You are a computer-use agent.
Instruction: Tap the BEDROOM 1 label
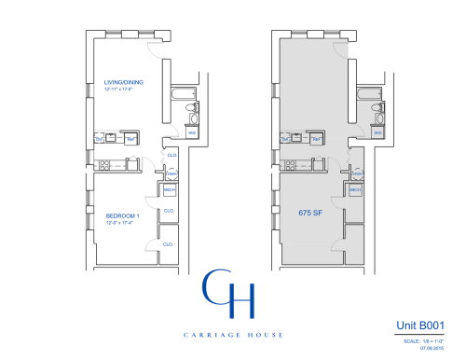tap(121, 216)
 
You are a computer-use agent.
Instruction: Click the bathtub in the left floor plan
tap(181, 94)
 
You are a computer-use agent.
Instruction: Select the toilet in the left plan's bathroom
tap(191, 112)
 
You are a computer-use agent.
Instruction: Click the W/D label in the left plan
tap(192, 132)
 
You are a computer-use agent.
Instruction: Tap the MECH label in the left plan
tap(171, 189)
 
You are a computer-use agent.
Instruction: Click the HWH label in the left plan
tap(171, 174)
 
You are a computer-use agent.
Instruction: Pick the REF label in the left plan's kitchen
tap(131, 139)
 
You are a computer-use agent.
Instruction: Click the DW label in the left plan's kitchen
tap(99, 139)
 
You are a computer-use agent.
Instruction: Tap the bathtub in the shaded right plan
tap(364, 94)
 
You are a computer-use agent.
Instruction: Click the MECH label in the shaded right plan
tap(354, 189)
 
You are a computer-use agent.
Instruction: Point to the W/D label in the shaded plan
tap(378, 132)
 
